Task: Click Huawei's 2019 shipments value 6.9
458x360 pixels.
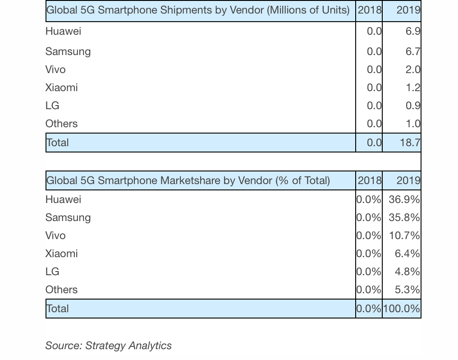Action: click(x=412, y=31)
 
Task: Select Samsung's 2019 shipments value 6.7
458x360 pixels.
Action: click(x=412, y=51)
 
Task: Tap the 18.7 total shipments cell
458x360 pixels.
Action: click(x=409, y=143)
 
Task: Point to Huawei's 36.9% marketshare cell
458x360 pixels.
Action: click(x=404, y=199)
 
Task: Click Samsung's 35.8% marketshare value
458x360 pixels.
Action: click(x=404, y=217)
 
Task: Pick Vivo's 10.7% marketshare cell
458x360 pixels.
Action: click(x=404, y=235)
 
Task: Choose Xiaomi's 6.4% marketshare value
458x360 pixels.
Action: click(x=407, y=254)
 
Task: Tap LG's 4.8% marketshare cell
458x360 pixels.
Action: click(x=407, y=272)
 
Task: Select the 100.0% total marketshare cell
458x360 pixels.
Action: click(x=402, y=309)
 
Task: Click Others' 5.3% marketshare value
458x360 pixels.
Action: click(x=407, y=290)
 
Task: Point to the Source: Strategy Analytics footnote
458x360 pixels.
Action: click(x=108, y=346)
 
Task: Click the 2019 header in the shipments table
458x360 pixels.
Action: click(x=408, y=10)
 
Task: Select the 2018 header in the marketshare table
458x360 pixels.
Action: click(x=369, y=180)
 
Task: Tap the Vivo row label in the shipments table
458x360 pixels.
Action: click(x=55, y=69)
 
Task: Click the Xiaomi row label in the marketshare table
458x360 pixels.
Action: click(x=61, y=254)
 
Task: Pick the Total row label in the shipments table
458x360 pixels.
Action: click(x=58, y=143)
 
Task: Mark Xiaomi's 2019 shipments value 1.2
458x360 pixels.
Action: click(x=412, y=88)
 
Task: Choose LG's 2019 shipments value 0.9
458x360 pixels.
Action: click(x=412, y=106)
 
